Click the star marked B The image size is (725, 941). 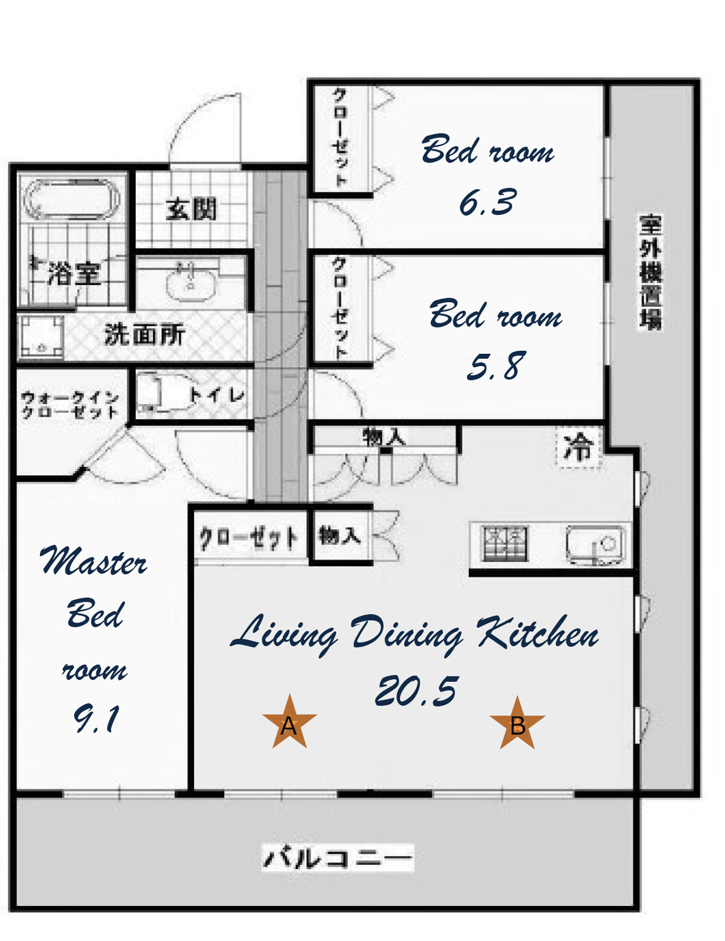click(517, 723)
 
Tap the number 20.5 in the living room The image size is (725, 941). click(415, 690)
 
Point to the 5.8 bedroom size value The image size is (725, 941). click(497, 366)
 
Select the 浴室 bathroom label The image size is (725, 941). click(74, 274)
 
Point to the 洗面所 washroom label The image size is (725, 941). click(144, 334)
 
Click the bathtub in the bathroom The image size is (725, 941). click(72, 200)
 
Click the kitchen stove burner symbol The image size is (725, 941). click(506, 544)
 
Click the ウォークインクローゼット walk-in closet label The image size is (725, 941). click(69, 404)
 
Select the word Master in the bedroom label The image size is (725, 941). click(93, 560)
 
